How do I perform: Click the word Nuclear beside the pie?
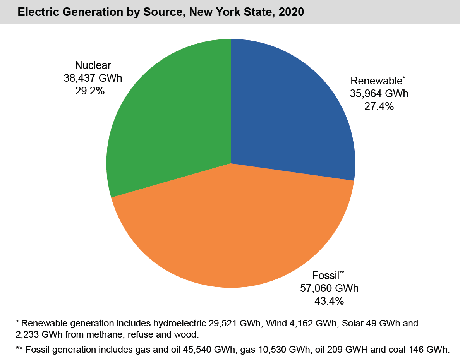(93, 65)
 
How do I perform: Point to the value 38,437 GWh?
(93, 78)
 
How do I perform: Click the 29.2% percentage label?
(90, 91)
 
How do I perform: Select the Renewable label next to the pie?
(376, 81)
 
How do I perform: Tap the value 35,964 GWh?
(379, 94)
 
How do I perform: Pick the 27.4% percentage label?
(379, 106)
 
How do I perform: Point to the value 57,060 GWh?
(329, 288)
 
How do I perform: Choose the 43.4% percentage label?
(329, 301)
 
